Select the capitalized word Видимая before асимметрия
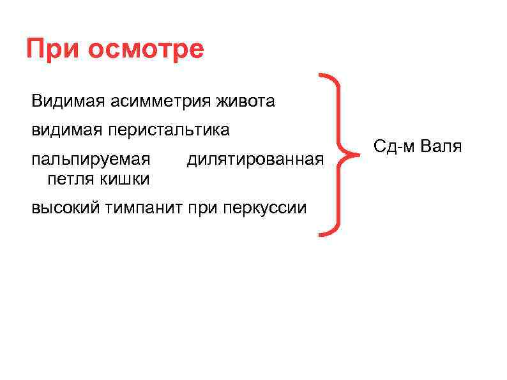point(68,101)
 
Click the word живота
point(247,101)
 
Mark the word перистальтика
point(169,130)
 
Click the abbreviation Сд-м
point(394,147)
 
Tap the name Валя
point(441,147)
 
